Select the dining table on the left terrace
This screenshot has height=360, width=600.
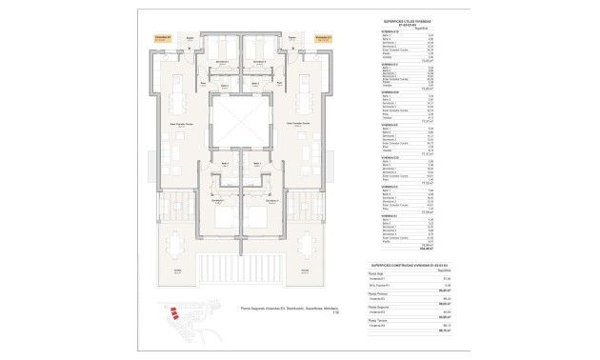178,245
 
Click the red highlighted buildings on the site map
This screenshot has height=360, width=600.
172,311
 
